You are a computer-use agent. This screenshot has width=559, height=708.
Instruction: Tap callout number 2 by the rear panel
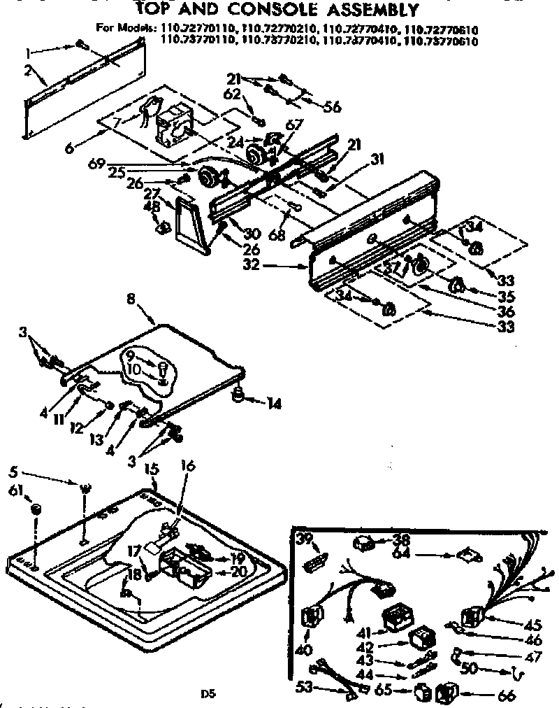[x=28, y=70]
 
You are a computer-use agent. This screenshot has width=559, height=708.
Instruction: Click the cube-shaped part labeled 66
[x=444, y=693]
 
